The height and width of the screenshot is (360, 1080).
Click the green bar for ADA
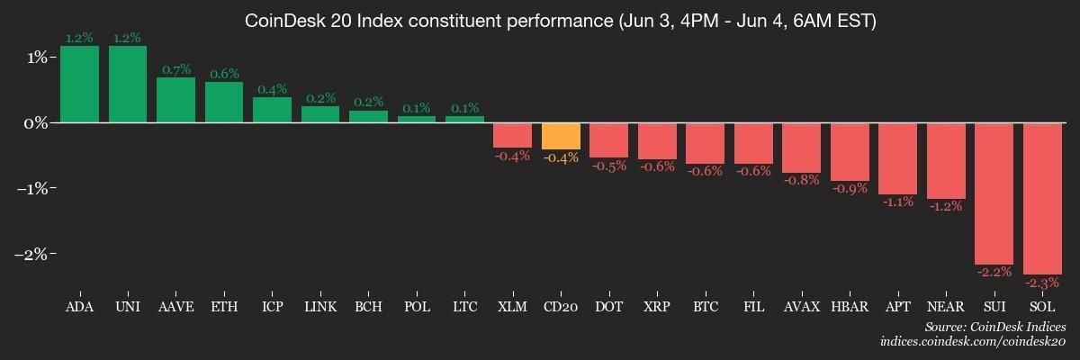[x=79, y=84]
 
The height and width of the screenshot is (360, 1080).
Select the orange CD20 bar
[x=561, y=136]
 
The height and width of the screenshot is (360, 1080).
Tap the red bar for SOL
[x=1042, y=198]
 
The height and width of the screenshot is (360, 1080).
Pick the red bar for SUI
[x=994, y=193]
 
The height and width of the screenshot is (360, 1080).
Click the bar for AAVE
[x=175, y=99]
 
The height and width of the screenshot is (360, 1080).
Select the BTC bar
[x=706, y=143]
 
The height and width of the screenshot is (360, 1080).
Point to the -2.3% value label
[x=1042, y=283]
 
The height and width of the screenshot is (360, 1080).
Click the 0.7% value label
[x=176, y=69]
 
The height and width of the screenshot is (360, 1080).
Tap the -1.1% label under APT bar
[x=898, y=202]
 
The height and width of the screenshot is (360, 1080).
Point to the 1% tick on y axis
[x=39, y=57]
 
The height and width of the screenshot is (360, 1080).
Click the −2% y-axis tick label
[x=34, y=254]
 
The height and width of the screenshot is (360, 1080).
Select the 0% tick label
[x=37, y=122]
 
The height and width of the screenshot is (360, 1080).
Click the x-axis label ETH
[x=224, y=307]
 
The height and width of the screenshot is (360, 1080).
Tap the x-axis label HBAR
[x=850, y=307]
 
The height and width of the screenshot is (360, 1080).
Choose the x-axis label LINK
[x=320, y=307]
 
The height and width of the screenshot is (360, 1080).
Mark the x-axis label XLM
[x=512, y=307]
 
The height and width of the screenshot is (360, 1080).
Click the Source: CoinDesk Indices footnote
[x=994, y=327]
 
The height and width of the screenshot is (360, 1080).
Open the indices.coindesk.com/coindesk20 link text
[x=973, y=342]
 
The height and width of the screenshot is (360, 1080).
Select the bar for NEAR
[x=946, y=160]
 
